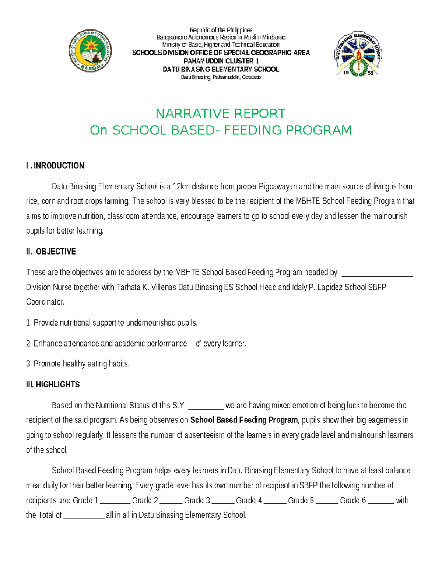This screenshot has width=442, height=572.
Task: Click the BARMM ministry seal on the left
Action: coord(90,51)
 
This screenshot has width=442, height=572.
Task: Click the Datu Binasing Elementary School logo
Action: coord(358,54)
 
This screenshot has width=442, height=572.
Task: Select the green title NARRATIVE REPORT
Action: coord(220,113)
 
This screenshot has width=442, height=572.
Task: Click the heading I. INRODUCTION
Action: coord(55,166)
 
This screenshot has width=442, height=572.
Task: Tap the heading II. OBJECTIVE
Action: coord(51,252)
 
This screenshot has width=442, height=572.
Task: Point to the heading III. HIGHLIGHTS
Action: coord(53,385)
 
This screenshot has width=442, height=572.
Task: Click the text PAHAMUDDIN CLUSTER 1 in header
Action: coord(221,61)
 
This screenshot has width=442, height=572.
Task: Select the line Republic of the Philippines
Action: coord(221,30)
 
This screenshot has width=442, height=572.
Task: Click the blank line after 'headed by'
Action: coord(377,273)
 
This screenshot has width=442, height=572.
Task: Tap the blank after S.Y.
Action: coord(206,406)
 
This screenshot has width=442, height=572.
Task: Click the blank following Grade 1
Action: coord(115,501)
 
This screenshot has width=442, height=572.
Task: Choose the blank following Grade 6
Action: coord(380,501)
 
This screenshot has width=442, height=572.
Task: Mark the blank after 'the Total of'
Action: coord(84,516)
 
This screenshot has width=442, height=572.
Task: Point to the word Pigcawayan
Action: coord(278,186)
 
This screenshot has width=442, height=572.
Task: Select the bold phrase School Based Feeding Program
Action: coord(244,420)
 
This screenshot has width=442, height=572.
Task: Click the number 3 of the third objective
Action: coord(28,364)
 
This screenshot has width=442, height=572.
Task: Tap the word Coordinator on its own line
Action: coord(45,302)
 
